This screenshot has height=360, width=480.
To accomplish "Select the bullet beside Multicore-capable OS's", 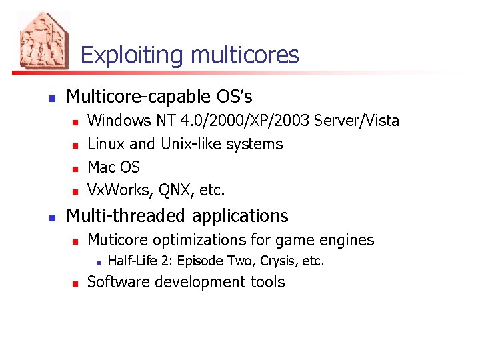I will [x=51, y=99].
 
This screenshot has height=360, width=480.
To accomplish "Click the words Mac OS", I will [x=113, y=167].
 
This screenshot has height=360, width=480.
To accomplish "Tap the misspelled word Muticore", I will [x=119, y=240].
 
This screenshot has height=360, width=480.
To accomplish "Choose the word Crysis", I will [x=279, y=261].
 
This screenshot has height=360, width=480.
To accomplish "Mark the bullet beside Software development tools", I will [x=75, y=283].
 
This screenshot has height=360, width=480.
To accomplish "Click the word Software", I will [x=117, y=282].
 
